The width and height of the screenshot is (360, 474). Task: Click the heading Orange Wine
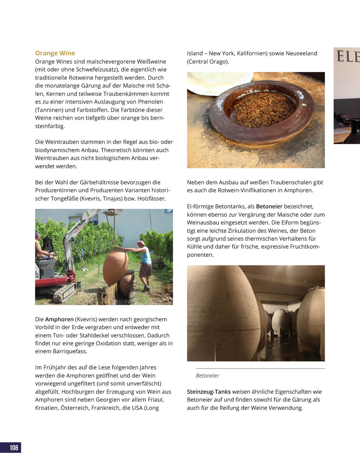click(55, 53)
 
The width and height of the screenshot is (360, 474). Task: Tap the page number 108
click(14, 447)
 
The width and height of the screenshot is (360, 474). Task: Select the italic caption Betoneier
click(207, 376)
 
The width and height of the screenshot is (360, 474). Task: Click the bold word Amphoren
click(59, 319)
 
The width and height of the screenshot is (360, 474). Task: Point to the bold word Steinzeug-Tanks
click(209, 392)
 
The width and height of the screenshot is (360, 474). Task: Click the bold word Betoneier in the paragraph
click(269, 206)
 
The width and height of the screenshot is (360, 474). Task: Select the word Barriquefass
click(70, 351)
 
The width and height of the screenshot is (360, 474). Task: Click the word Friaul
click(156, 400)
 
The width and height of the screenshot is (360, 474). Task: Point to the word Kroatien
click(46, 408)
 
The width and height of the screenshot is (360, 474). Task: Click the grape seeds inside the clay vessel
click(262, 110)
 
